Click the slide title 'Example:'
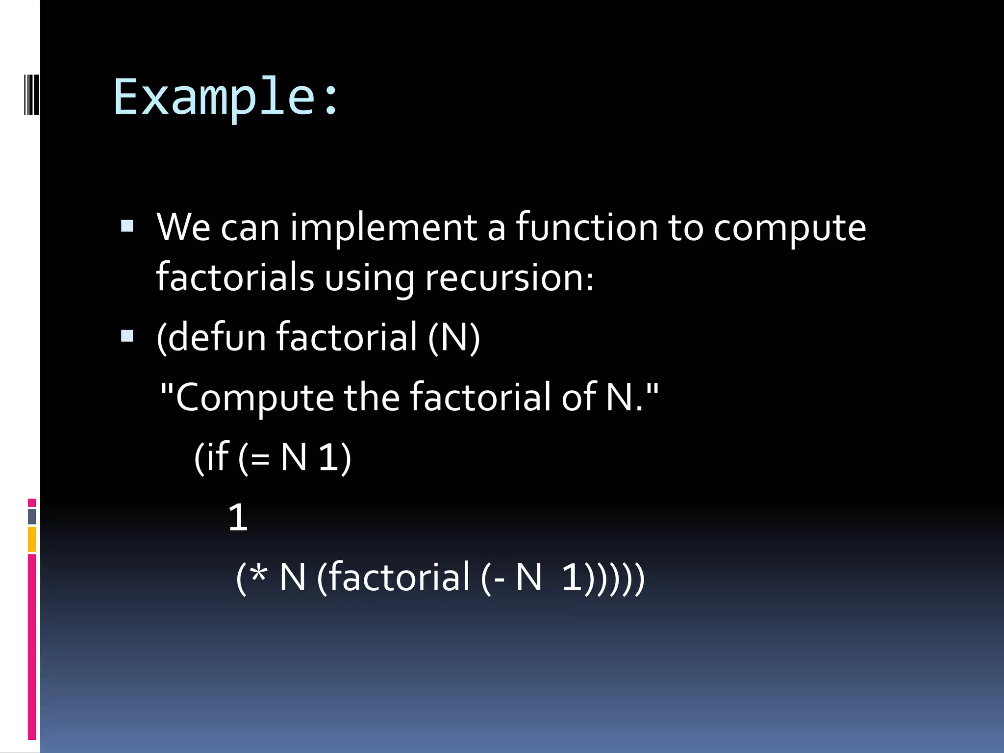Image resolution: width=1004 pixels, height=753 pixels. [226, 97]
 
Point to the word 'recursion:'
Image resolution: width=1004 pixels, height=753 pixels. [509, 278]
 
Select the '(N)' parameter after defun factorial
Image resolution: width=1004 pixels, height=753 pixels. [454, 337]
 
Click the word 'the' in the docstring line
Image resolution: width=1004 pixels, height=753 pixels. [372, 397]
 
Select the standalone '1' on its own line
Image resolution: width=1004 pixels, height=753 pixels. [238, 518]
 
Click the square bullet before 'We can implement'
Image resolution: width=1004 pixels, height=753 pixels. [127, 226]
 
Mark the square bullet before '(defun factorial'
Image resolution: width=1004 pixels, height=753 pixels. [127, 336]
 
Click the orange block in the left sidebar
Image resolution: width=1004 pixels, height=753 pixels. [32, 539]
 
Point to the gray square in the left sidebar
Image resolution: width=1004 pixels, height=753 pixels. [32, 516]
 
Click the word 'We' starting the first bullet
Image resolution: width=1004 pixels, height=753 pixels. [183, 228]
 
